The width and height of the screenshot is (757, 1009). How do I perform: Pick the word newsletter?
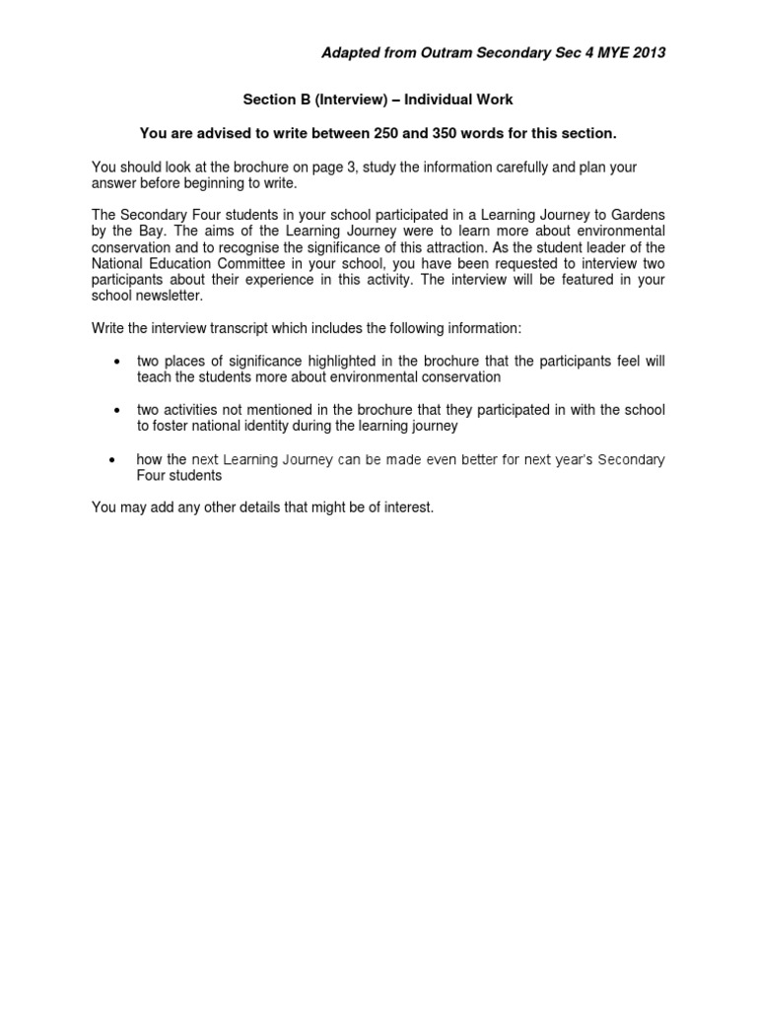pos(167,295)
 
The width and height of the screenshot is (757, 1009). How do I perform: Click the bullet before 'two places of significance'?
pos(118,362)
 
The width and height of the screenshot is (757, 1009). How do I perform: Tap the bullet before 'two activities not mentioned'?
pos(118,409)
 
